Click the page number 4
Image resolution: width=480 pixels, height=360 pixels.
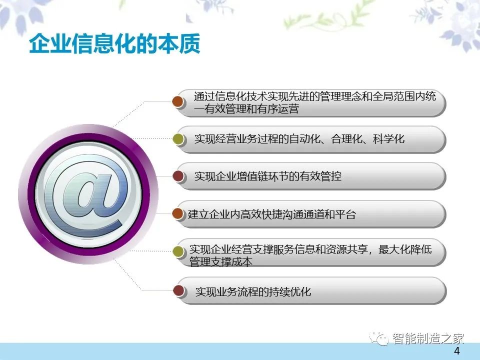[456, 351]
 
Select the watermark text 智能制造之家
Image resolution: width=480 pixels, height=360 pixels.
[428, 338]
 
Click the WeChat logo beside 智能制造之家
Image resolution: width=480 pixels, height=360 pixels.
[379, 338]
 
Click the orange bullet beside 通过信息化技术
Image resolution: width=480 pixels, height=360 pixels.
[178, 101]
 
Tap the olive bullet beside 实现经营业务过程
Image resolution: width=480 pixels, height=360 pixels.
[178, 139]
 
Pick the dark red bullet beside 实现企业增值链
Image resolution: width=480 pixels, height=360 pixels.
[178, 176]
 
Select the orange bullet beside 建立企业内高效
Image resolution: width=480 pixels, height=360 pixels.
[178, 213]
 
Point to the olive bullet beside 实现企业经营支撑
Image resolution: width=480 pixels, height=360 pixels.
[178, 251]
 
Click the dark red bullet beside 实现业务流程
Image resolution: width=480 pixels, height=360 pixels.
[178, 290]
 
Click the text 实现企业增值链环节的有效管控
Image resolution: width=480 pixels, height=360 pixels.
[268, 176]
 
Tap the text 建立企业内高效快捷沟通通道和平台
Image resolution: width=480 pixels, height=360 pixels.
[272, 214]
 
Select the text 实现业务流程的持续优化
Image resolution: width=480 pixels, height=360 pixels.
[253, 291]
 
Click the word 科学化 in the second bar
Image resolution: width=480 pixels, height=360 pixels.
[389, 139]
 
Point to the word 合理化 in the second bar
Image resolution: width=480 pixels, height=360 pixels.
[347, 139]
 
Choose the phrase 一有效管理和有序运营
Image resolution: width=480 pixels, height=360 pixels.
[246, 108]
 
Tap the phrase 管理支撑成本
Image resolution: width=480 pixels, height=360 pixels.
[220, 261]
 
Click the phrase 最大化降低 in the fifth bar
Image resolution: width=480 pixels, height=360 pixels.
[405, 249]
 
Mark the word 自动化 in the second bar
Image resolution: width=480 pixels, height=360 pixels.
[305, 139]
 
